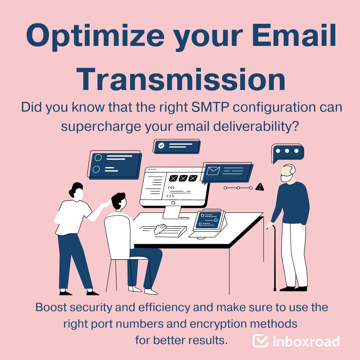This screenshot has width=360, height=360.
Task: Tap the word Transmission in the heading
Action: point(181,79)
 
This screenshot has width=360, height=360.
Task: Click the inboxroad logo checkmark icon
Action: point(260,341)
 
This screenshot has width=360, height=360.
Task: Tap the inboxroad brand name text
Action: point(306,341)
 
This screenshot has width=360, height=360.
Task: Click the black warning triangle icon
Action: point(259,187)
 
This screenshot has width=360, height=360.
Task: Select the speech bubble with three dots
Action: point(287,152)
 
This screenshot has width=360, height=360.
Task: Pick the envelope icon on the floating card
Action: point(213,171)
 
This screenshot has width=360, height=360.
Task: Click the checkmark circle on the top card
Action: point(161,145)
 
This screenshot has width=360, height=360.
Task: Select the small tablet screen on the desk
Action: point(209,220)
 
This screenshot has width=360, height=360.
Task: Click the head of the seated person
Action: point(118,201)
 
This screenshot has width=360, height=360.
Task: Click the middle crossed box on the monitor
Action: point(183,178)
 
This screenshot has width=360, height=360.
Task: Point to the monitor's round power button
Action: point(173,203)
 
